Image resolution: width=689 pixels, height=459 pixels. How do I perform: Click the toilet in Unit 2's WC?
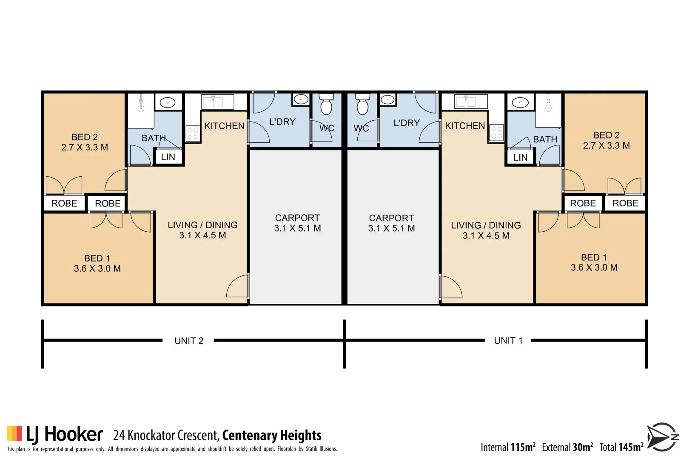click(326, 104)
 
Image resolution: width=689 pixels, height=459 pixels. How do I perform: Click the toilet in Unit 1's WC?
click(362, 104)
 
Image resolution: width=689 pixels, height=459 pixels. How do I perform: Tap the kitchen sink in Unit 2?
click(218, 102)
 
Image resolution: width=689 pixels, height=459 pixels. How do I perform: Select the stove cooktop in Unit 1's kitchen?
click(496, 133)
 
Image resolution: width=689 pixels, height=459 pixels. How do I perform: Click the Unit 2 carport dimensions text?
click(297, 228)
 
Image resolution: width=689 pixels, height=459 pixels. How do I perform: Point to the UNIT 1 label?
click(508, 340)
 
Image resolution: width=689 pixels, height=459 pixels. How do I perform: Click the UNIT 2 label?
click(189, 341)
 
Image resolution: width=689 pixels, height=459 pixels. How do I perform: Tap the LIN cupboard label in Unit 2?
click(168, 157)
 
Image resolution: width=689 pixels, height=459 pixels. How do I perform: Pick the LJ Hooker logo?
click(55, 434)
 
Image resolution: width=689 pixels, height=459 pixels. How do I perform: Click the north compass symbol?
click(662, 437)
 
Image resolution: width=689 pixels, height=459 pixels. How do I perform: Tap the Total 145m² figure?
click(621, 447)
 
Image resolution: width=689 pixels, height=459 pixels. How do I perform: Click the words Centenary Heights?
click(272, 435)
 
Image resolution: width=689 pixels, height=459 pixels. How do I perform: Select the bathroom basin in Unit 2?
click(168, 102)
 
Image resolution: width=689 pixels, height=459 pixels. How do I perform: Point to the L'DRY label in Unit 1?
click(407, 123)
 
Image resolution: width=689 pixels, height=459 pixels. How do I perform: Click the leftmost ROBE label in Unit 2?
click(64, 203)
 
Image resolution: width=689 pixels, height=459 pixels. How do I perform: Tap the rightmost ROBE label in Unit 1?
click(625, 203)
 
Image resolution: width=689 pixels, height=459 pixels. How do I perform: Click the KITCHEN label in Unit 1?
click(465, 126)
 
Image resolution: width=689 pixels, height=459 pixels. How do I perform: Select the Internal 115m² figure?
click(508, 447)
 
